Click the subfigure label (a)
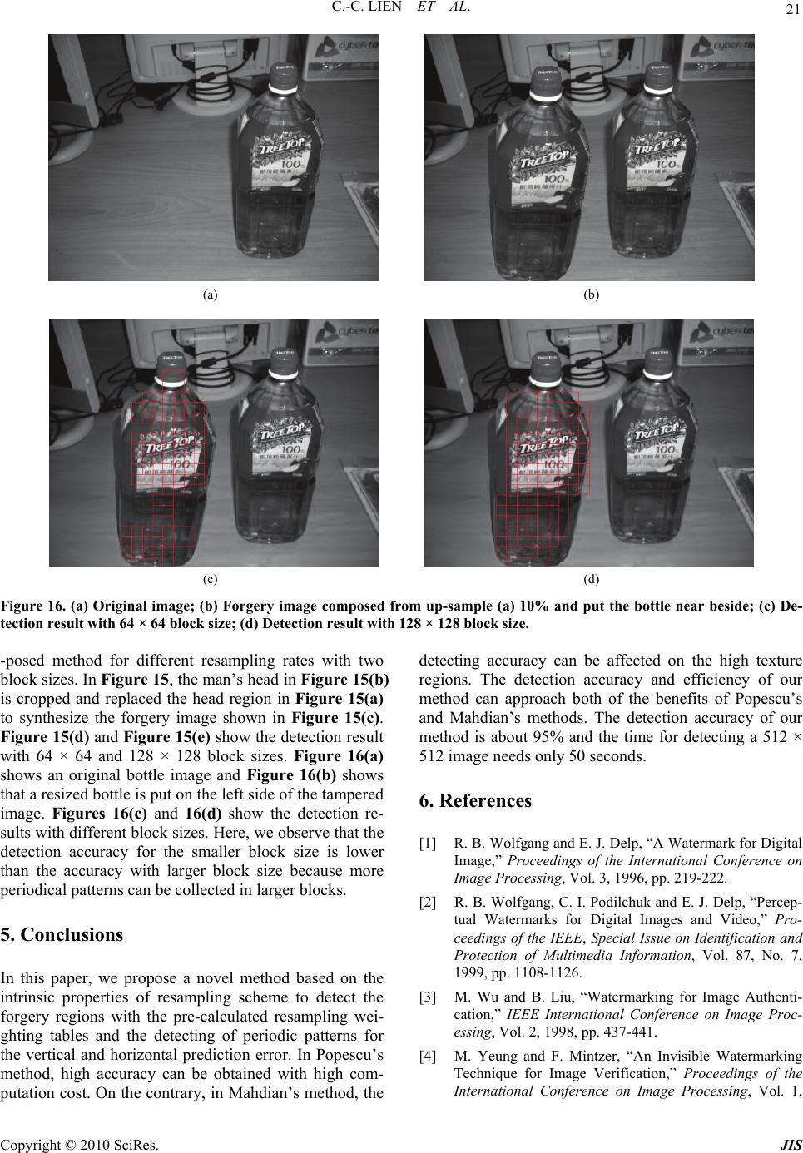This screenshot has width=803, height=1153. click(210, 294)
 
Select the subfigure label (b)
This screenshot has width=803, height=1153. click(592, 294)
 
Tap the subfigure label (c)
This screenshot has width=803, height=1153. click(210, 579)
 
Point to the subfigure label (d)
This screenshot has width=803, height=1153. click(592, 579)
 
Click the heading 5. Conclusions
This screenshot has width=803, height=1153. click(62, 934)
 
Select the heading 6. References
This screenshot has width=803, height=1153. click(475, 800)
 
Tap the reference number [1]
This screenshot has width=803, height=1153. click(428, 844)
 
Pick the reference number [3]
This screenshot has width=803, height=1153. click(428, 997)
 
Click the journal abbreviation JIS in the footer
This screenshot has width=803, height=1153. click(791, 1146)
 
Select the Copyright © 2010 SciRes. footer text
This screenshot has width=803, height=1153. click(80, 1146)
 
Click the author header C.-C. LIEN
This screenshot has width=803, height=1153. click(366, 7)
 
